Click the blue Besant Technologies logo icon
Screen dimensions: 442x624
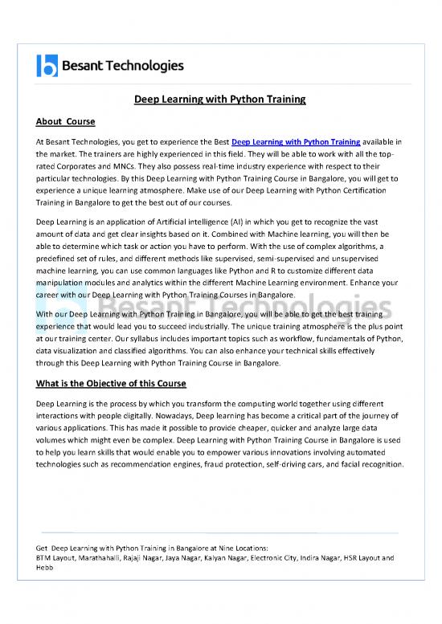pyautogui.click(x=47, y=65)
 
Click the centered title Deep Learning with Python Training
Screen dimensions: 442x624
pyautogui.click(x=220, y=100)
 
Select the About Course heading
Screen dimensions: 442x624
pyautogui.click(x=66, y=122)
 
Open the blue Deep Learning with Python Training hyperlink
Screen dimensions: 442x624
pyautogui.click(x=296, y=142)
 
